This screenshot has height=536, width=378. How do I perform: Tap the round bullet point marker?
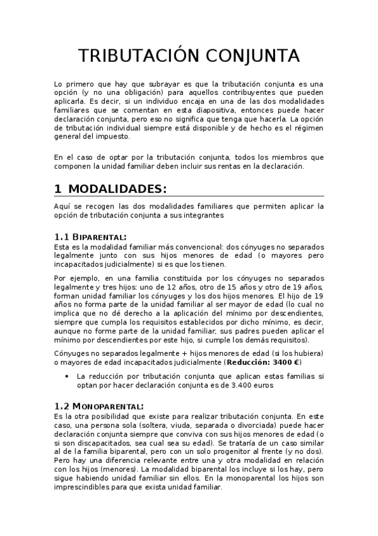tap(68, 375)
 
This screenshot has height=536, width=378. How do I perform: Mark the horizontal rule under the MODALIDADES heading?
tap(189, 197)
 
